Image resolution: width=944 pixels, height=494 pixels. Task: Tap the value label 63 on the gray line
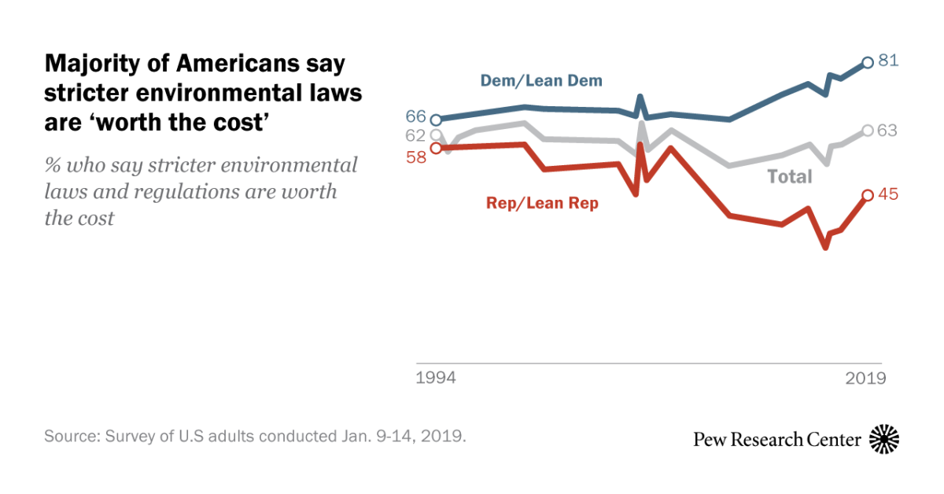pos(888,131)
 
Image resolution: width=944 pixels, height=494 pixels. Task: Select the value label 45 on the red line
pos(888,195)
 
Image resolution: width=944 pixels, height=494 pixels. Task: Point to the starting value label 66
pos(415,116)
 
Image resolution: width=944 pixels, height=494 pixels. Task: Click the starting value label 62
pos(415,135)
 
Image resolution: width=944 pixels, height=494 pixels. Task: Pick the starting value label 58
pos(415,157)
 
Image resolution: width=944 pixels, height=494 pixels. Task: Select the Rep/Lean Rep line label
pos(542,203)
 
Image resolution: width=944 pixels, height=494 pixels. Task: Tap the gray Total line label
pos(789,177)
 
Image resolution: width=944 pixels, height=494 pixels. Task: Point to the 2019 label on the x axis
pos(866,378)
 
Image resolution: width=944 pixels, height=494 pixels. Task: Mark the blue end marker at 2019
pos(867,62)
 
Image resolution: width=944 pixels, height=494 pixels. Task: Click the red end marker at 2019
pos(867,195)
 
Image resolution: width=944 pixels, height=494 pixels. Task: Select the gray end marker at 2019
pos(867,131)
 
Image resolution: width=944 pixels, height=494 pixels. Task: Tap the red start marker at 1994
pos(437,148)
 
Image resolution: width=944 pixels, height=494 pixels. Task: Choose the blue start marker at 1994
pos(437,120)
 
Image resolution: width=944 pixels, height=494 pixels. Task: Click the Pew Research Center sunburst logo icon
pos(884,438)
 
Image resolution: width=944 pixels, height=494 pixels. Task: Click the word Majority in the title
pos(89,62)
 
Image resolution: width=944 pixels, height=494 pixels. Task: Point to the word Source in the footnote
pos(69,437)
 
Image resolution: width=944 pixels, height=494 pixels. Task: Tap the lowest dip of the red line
pos(825,247)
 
